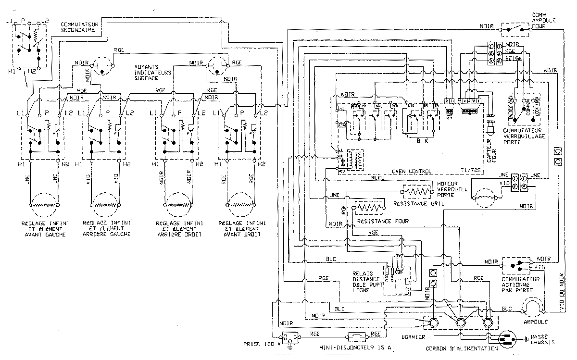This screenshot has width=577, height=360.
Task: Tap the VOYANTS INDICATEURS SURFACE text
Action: click(x=150, y=72)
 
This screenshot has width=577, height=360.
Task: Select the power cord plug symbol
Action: click(x=509, y=339)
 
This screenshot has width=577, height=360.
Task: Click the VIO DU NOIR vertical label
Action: click(x=561, y=288)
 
